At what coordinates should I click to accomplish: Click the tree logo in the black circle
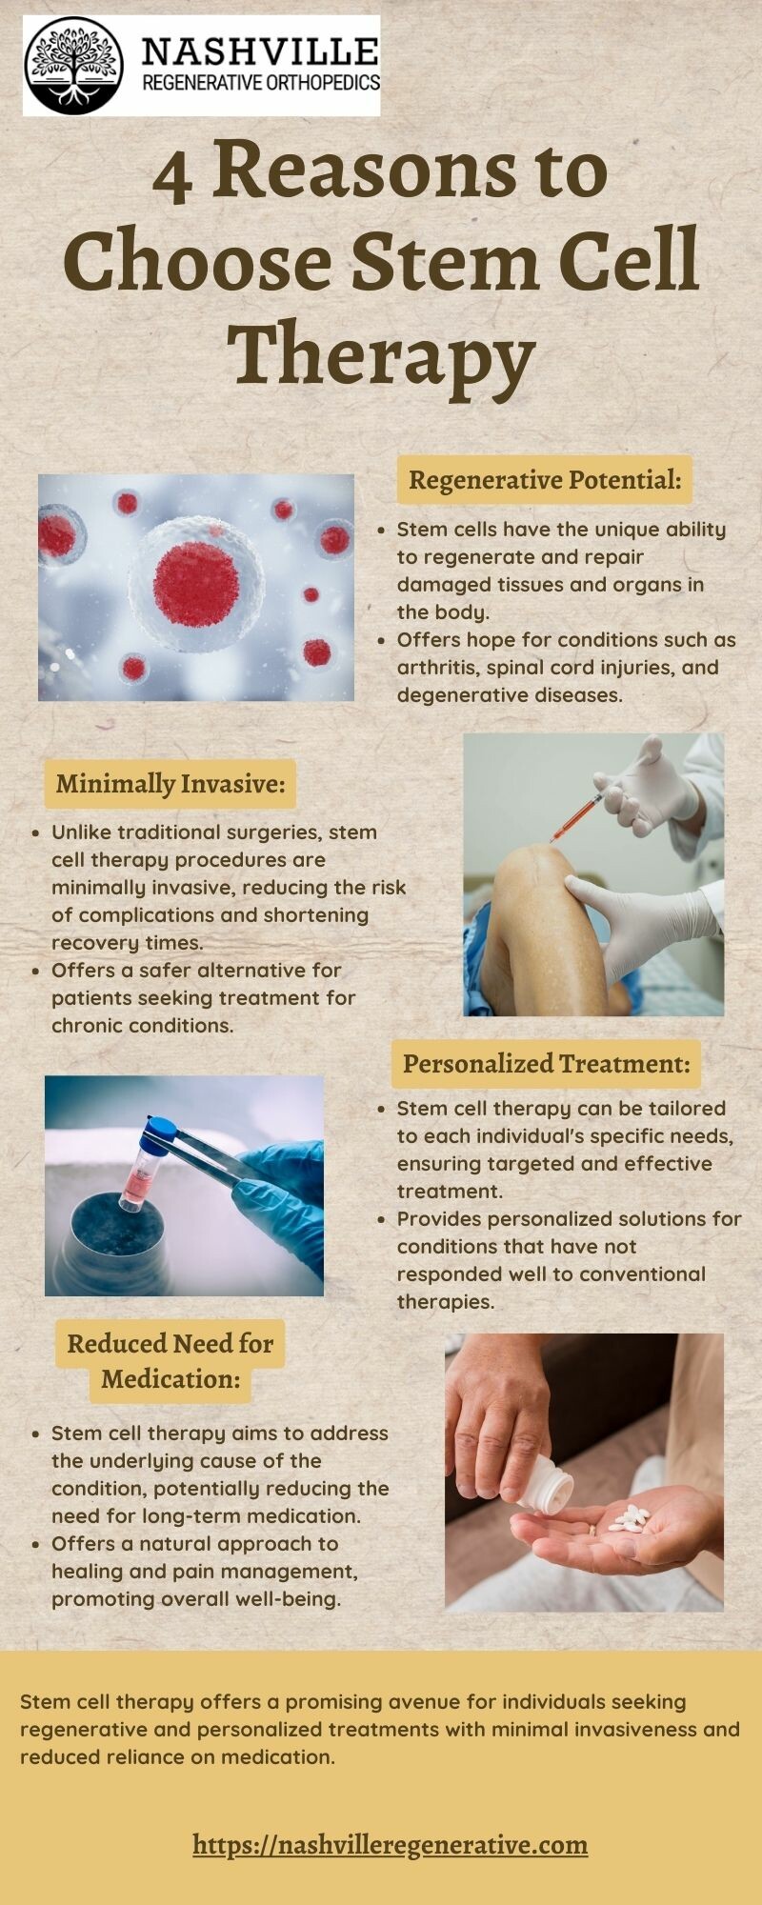73,66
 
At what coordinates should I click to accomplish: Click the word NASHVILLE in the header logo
260,50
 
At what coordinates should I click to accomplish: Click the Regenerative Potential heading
545,480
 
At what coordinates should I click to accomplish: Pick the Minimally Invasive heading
170,784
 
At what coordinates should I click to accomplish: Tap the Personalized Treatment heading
546,1064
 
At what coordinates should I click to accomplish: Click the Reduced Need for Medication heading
170,1361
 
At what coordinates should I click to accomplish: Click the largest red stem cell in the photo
196,583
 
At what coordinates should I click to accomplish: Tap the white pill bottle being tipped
546,1487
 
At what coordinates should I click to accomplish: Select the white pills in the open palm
630,1519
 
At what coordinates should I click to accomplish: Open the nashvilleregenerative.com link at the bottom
391,1844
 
